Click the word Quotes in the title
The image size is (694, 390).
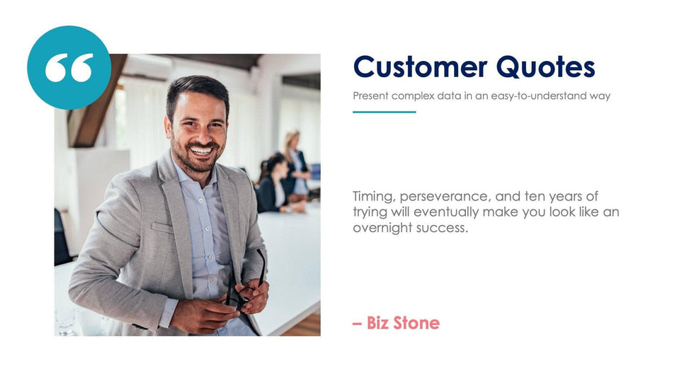(545, 67)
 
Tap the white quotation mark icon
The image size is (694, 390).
(69, 68)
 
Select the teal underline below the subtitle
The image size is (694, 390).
(384, 112)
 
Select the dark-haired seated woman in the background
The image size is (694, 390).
(273, 185)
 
